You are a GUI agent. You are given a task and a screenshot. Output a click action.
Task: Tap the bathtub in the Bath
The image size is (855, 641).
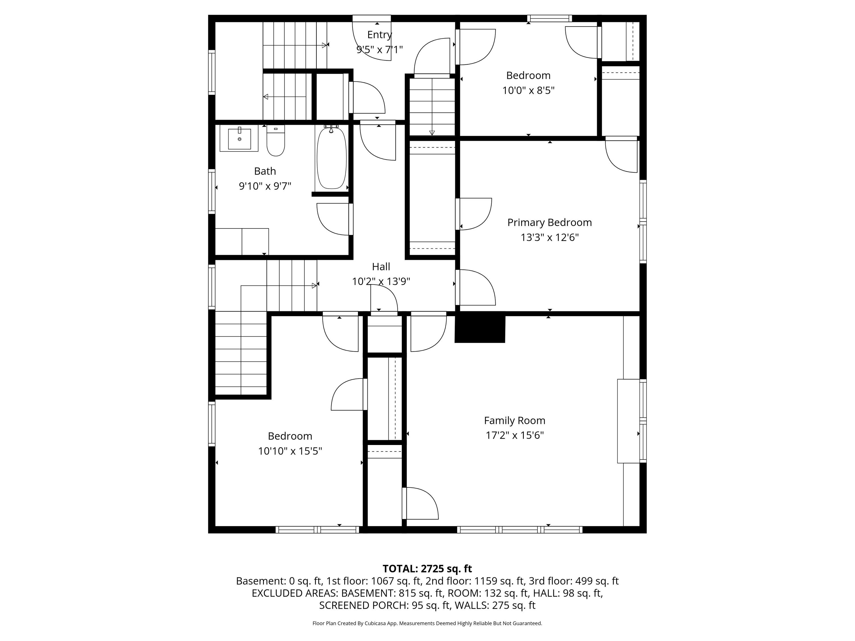tap(331, 158)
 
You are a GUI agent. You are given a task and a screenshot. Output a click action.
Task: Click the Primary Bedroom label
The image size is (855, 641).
tap(549, 222)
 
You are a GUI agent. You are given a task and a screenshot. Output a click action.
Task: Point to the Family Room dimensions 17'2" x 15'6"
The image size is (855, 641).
tap(514, 435)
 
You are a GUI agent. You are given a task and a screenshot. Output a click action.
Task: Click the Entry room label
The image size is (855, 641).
tap(380, 35)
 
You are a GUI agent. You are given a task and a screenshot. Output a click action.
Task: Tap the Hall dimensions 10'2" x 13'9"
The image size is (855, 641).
tap(381, 281)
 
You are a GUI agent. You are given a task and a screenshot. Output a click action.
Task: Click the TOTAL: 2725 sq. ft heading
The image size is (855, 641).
tap(427, 569)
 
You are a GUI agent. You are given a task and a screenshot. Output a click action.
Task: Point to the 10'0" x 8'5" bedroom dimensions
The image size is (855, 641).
tap(528, 90)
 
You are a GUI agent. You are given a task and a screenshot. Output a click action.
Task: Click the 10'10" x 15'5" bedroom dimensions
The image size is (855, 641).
tap(290, 451)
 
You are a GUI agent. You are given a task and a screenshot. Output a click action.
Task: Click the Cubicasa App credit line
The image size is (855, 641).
tap(427, 623)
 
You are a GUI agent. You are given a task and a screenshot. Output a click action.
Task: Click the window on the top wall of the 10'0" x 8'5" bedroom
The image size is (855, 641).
tap(549, 18)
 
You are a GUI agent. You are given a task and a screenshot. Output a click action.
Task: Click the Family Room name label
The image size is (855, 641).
tap(514, 420)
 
